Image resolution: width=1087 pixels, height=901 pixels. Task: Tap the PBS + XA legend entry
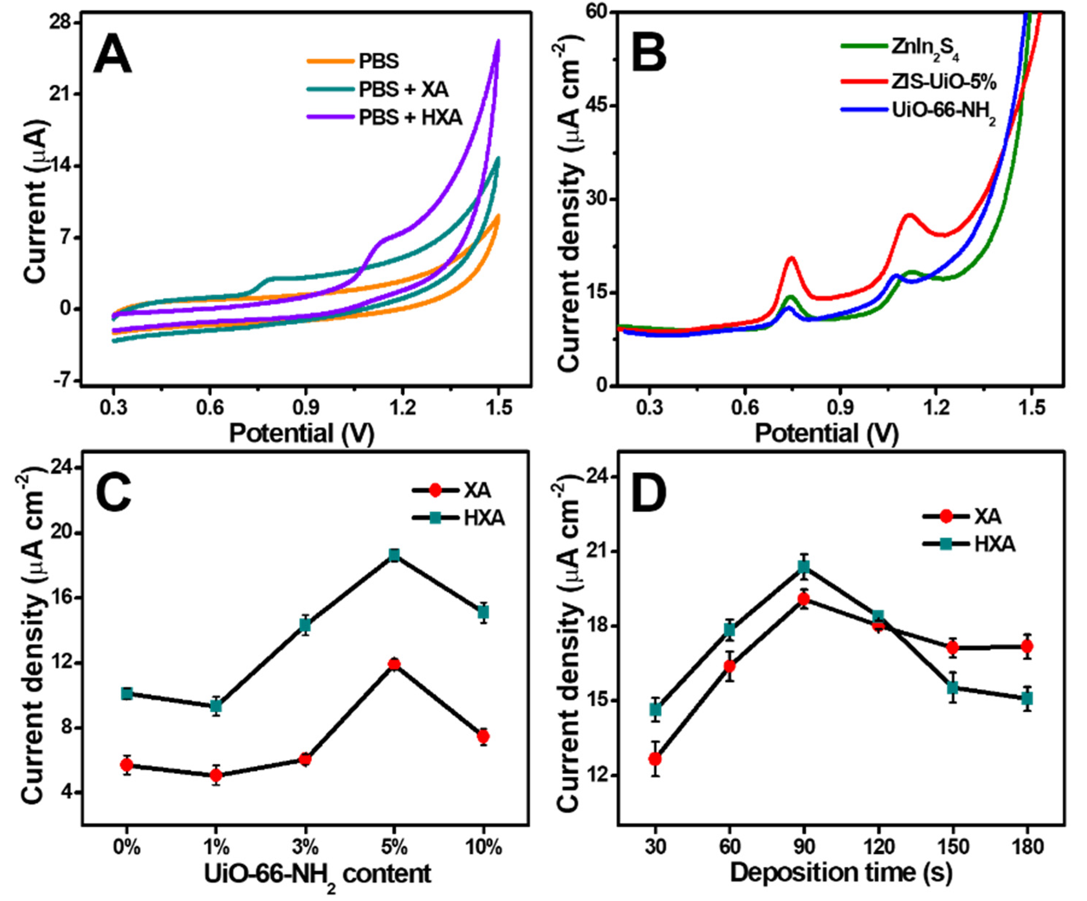point(403,90)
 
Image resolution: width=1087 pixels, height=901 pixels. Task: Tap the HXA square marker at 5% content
point(394,555)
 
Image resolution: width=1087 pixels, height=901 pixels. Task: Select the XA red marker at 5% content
point(394,665)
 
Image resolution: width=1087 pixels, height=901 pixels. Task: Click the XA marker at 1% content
point(216,775)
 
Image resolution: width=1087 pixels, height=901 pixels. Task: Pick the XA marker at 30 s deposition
point(655,759)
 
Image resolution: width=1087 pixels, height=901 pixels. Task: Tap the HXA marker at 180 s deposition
point(1027,699)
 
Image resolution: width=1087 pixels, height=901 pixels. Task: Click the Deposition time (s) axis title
point(841,873)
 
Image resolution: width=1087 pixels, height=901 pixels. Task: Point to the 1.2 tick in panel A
point(402,408)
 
